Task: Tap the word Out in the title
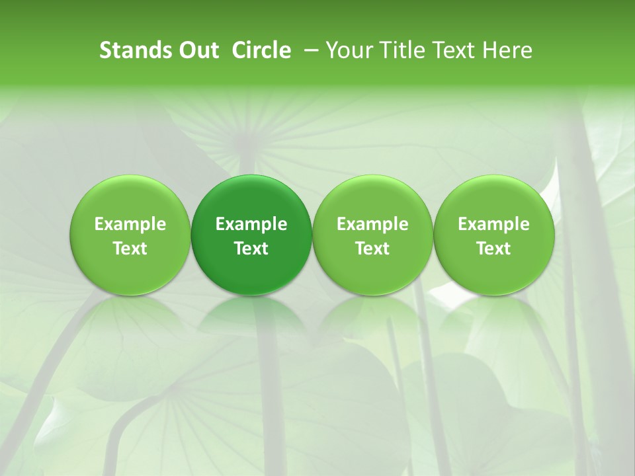(196, 50)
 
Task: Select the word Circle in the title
(262, 50)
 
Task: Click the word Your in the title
(347, 50)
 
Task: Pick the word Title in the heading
(398, 50)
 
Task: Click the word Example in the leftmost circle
(130, 224)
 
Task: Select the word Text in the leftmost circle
(130, 249)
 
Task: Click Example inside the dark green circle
(251, 224)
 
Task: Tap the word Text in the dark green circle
(251, 249)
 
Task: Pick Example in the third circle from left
(372, 224)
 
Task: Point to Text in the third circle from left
(372, 249)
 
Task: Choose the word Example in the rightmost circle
(493, 224)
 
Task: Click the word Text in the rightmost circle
(493, 249)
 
